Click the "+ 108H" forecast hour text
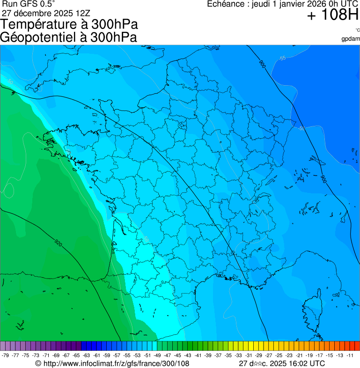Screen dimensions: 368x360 point(332,16)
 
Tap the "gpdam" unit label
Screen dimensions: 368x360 point(351,38)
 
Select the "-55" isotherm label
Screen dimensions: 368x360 point(282,58)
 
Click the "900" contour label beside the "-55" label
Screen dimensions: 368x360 point(262,65)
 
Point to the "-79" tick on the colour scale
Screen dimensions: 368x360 point(6,355)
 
